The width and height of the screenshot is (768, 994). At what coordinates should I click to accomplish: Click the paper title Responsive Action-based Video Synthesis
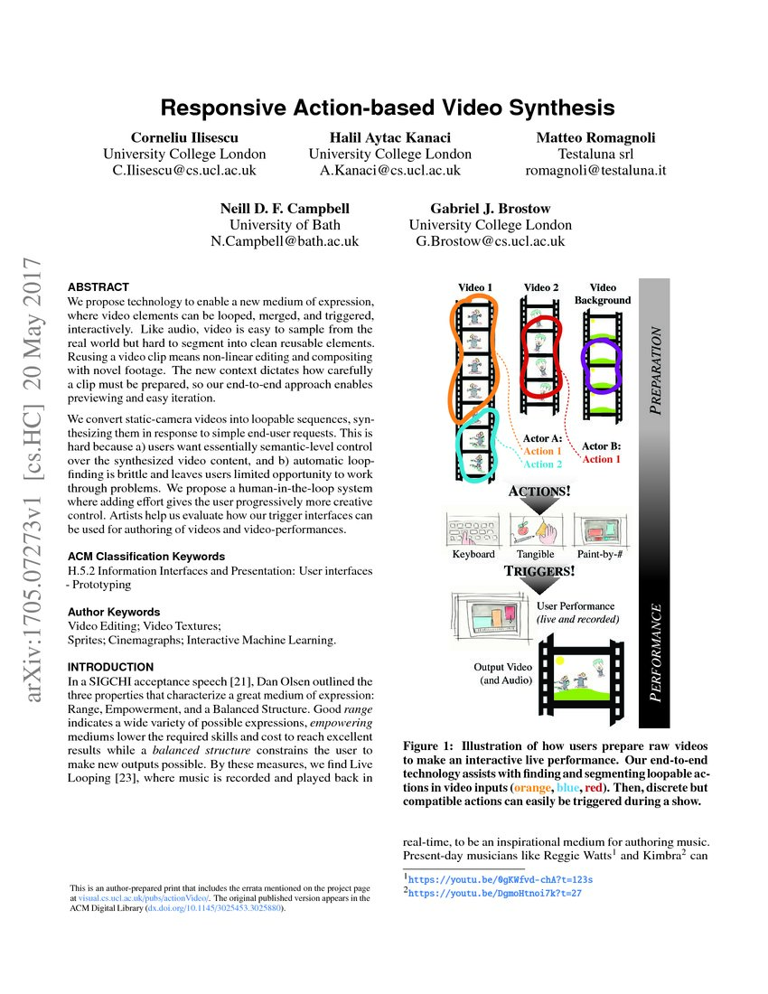pos(388,108)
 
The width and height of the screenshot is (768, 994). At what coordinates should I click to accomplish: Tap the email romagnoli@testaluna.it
pos(595,170)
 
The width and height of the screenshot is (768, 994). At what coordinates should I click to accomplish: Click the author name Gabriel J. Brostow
pos(490,209)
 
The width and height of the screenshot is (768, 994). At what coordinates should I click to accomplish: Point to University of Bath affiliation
pos(285,225)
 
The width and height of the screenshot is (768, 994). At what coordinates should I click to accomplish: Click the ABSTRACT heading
pos(98,286)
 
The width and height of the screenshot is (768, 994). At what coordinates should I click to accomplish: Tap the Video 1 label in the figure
pos(475,287)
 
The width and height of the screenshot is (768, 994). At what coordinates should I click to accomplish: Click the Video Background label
pos(603,294)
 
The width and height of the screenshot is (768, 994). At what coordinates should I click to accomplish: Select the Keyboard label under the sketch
pos(473,554)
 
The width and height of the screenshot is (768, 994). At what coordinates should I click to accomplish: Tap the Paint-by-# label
pos(602,554)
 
